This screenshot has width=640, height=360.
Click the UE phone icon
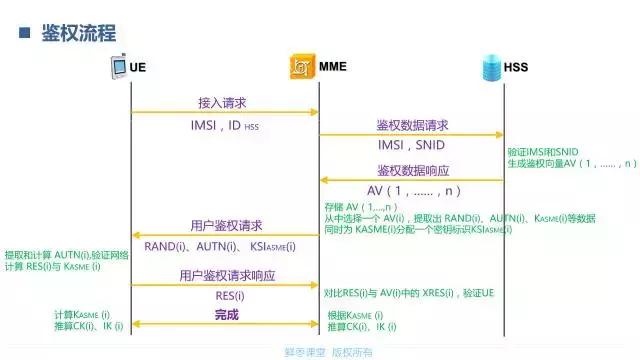point(118,67)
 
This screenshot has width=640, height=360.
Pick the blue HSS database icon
point(490,67)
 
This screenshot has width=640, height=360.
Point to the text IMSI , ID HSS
point(224,127)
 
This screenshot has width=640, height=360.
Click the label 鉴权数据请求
point(412,125)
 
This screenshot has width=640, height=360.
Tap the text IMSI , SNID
point(411,145)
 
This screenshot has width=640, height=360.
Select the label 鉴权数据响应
point(412,170)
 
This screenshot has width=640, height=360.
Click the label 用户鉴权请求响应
point(227,275)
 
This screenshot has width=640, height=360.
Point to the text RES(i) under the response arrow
point(229,296)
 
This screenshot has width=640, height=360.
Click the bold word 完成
point(228,315)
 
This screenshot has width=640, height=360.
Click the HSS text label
point(516,67)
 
